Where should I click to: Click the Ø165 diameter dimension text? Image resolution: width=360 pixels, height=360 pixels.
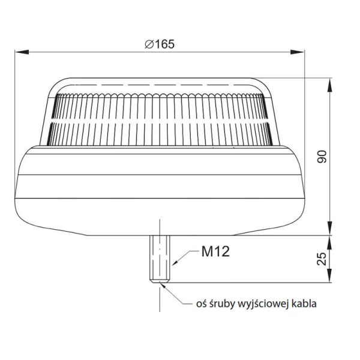point(160,44)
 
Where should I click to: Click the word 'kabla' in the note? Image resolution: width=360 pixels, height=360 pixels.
point(304,304)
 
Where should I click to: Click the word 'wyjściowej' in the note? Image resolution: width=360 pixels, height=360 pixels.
point(265,304)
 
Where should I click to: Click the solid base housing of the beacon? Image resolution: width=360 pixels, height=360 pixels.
point(161,192)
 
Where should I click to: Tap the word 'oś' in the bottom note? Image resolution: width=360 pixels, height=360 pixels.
point(202,304)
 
